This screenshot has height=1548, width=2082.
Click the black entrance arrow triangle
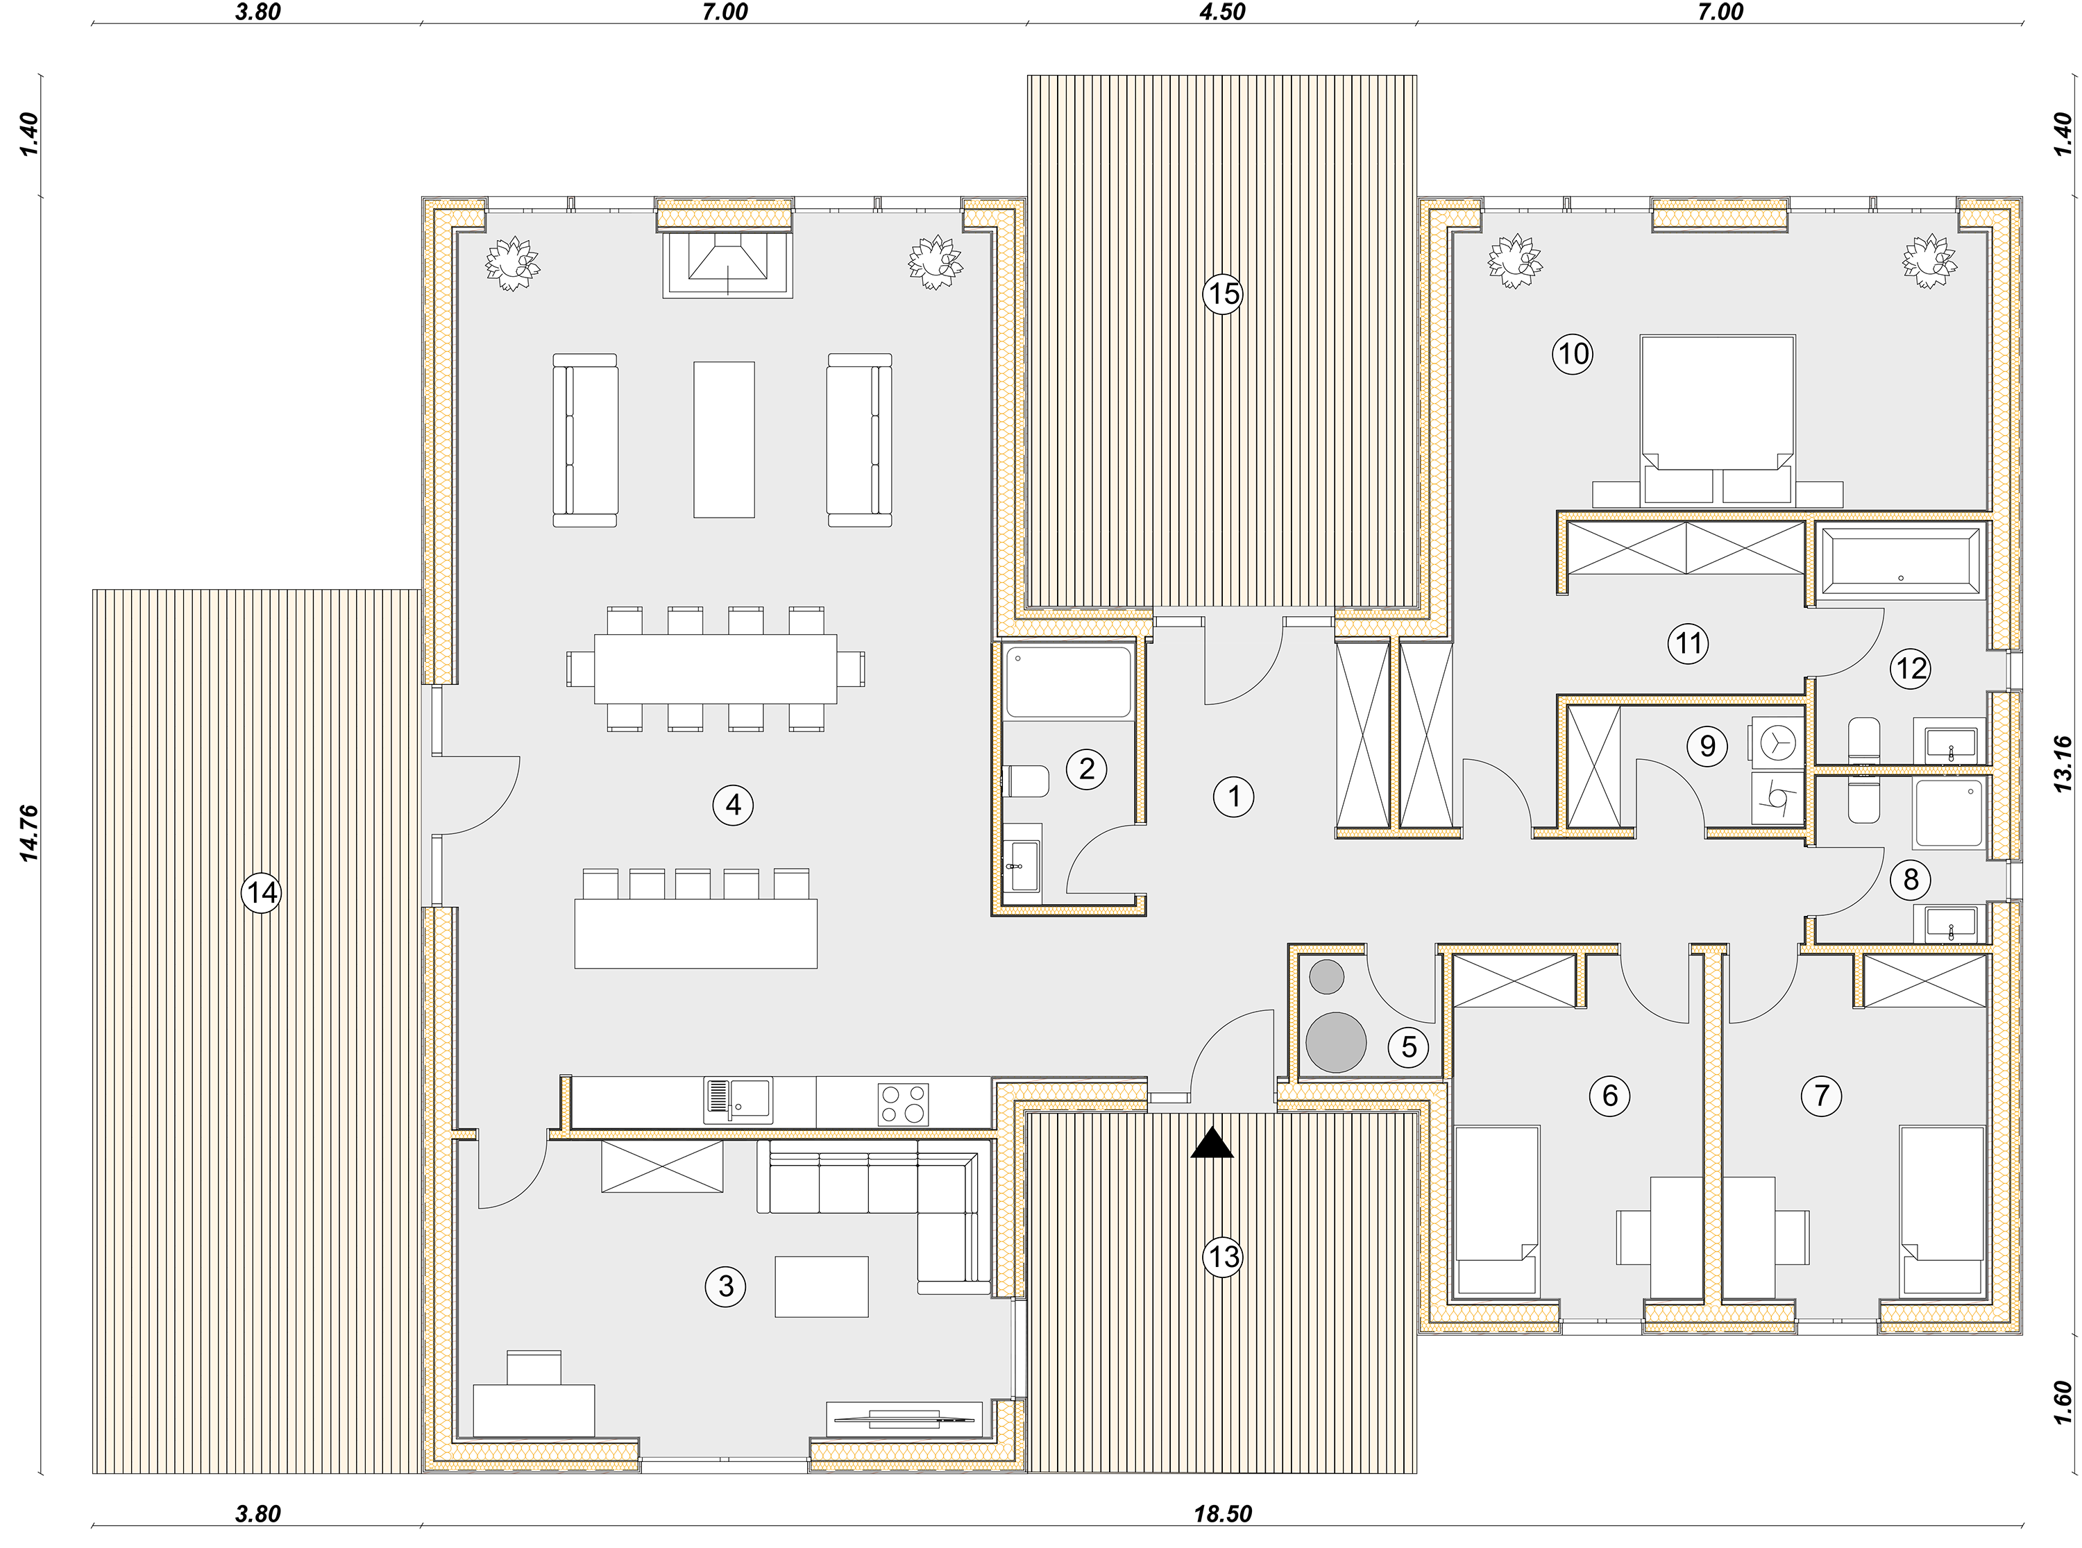pos(1212,1143)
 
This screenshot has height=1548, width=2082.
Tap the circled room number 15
pos(1223,294)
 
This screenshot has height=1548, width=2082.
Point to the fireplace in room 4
pos(727,264)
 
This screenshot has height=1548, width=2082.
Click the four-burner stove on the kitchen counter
pos(904,1104)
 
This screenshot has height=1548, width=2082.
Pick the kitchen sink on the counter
pos(738,1100)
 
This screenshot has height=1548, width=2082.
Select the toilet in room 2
pos(1025,781)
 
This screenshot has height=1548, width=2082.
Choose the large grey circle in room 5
pos(1335,1042)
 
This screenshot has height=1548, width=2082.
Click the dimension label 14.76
pos(30,833)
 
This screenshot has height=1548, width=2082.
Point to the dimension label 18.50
pos(1222,1513)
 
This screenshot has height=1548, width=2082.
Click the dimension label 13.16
pos(2063,764)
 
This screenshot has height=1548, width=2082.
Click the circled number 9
pos(1707,746)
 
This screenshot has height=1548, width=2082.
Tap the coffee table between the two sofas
pos(723,439)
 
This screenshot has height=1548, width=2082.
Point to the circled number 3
pos(725,1286)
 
